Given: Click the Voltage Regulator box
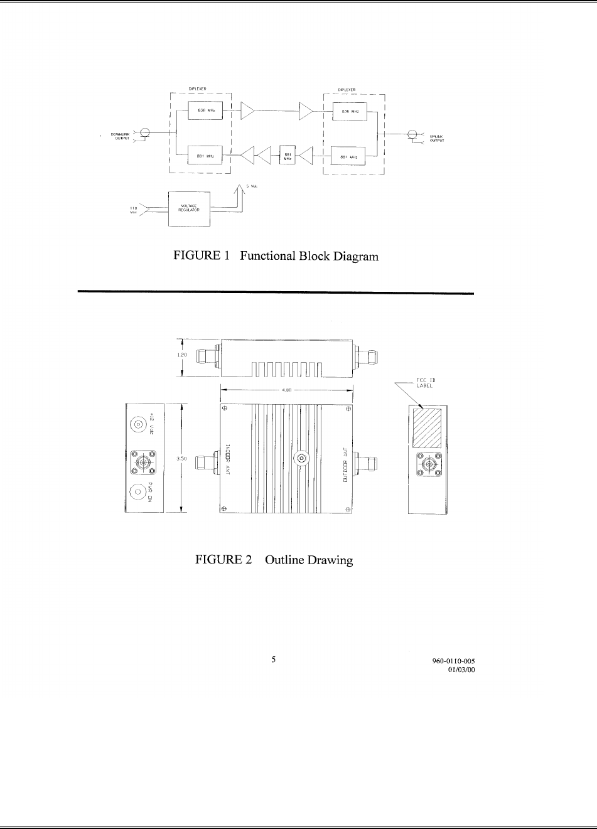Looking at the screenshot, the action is [190, 210].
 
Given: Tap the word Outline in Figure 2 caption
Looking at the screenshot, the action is [284, 560].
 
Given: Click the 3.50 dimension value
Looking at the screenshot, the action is [181, 460].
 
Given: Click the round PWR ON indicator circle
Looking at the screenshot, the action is [138, 493].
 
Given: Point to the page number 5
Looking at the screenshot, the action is [273, 660].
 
